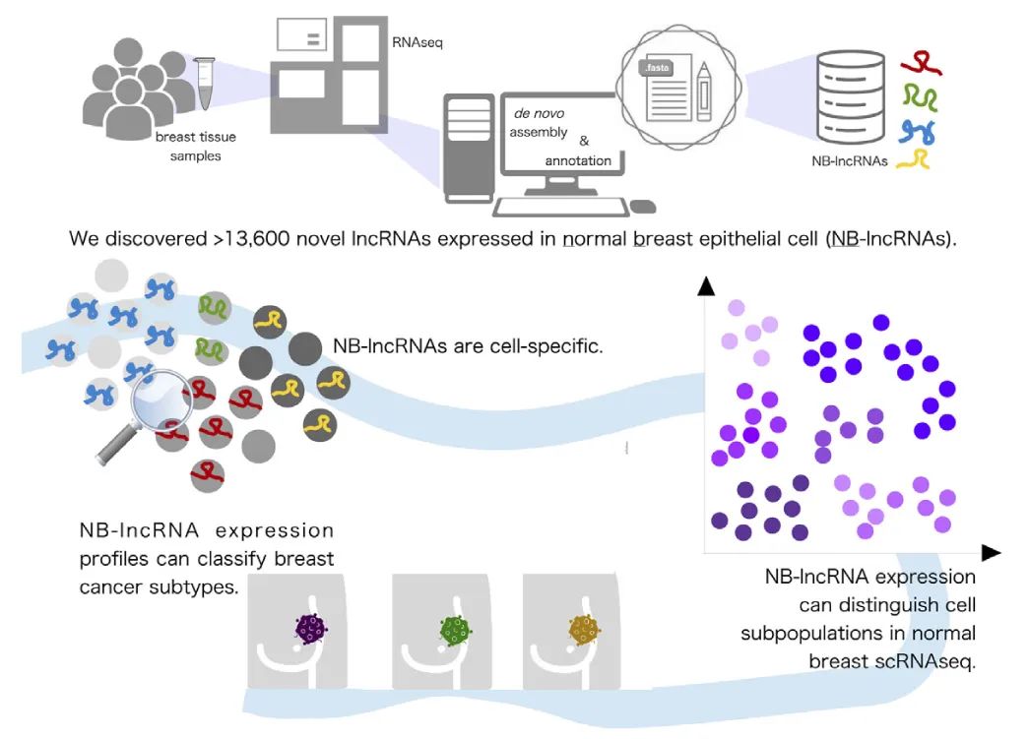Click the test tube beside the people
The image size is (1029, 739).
(x=205, y=83)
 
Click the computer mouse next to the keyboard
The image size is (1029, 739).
(x=643, y=207)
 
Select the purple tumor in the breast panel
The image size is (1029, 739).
(x=312, y=628)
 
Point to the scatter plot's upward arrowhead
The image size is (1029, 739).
(x=705, y=286)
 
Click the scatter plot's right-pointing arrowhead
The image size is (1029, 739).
(x=991, y=553)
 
